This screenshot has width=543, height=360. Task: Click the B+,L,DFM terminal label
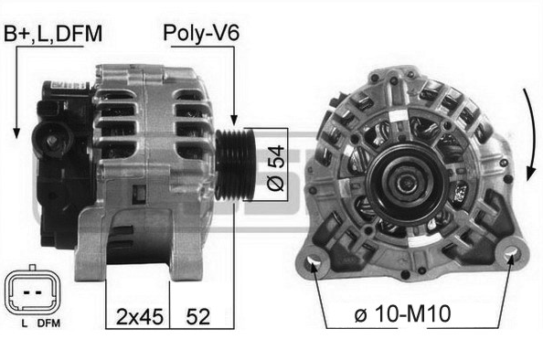pos(53,34)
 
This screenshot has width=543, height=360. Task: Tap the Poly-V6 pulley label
pos(201,34)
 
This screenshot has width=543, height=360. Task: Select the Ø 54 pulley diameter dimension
pos(276,168)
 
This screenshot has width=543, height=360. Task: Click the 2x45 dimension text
pos(139,317)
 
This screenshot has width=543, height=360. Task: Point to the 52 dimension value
pos(198,317)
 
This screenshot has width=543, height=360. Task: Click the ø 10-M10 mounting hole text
pos(403,313)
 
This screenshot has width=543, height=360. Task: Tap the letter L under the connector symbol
pos(24,323)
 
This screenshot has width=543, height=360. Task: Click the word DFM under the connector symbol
pos(48,323)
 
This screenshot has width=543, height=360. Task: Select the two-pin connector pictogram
pos(32,291)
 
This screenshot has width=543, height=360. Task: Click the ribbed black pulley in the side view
pos(236,164)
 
